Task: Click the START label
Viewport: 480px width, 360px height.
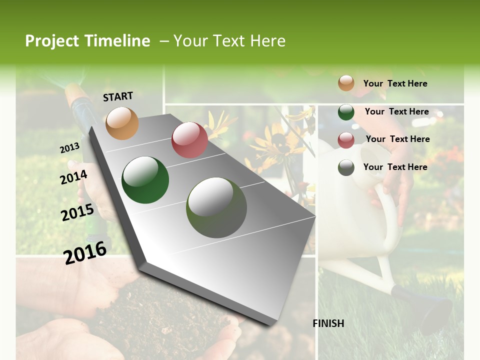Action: [x=118, y=96]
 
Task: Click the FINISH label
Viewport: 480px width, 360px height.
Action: [x=328, y=323]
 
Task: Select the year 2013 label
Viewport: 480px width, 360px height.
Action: [x=70, y=148]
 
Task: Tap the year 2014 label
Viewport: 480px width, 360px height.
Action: [x=74, y=177]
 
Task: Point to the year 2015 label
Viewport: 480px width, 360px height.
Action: [x=77, y=212]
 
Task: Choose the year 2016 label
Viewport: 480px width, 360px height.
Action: [x=85, y=252]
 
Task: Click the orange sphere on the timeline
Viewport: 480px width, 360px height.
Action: [x=122, y=123]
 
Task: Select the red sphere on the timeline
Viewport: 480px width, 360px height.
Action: [x=189, y=140]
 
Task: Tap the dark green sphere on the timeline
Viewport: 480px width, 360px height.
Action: [x=145, y=180]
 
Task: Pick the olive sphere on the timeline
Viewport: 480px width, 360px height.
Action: [x=216, y=207]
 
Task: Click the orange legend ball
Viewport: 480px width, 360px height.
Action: [x=346, y=83]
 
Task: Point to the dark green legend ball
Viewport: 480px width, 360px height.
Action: [x=346, y=112]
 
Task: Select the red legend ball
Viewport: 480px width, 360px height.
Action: [x=346, y=140]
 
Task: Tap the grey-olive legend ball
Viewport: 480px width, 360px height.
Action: [x=346, y=167]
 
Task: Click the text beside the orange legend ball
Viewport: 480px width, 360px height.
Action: [x=395, y=83]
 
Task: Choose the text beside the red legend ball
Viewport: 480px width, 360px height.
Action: [x=397, y=139]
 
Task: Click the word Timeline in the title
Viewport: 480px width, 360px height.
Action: [x=117, y=41]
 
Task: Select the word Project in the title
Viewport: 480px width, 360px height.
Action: [x=52, y=41]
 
